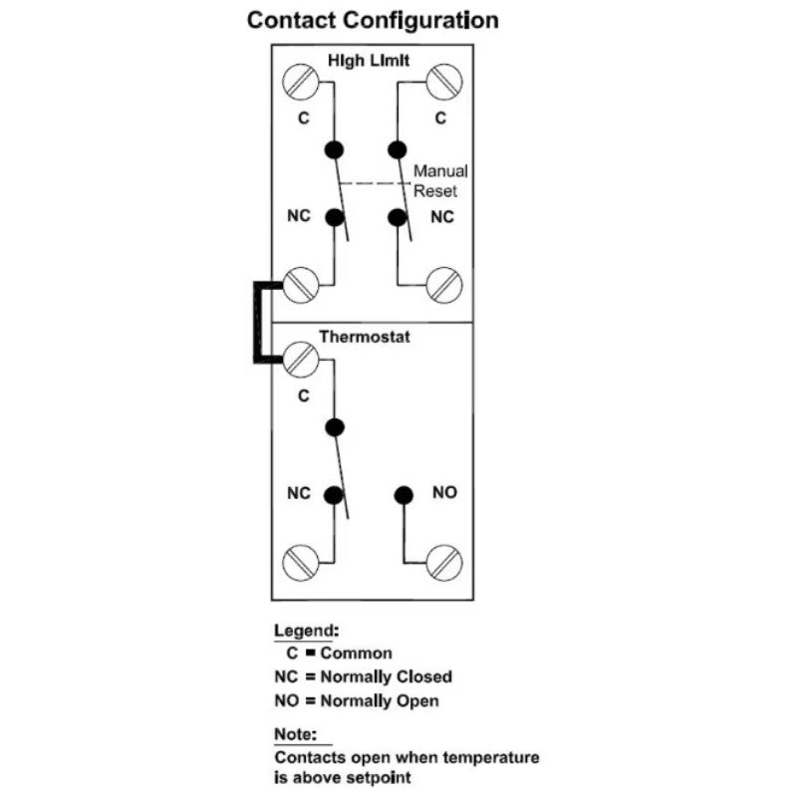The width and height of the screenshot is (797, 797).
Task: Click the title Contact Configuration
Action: [x=373, y=20]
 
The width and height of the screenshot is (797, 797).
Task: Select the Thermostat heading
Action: [x=365, y=338]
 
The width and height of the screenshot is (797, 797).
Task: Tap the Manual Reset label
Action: [x=440, y=180]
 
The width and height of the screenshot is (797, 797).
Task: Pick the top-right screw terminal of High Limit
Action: [x=443, y=81]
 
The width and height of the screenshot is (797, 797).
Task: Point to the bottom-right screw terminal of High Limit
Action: [x=443, y=285]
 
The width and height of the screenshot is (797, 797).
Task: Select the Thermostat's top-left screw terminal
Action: [x=299, y=359]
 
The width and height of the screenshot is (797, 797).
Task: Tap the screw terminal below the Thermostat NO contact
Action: [x=443, y=564]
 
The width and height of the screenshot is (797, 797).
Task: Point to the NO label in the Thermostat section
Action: [x=444, y=492]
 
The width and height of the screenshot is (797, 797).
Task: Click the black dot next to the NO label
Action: [x=403, y=494]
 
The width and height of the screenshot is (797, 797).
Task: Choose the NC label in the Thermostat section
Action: [x=299, y=492]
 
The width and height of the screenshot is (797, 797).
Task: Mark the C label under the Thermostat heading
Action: [x=303, y=396]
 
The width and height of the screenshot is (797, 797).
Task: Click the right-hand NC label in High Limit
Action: [x=442, y=216]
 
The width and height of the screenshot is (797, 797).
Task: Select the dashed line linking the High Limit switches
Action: [x=374, y=184]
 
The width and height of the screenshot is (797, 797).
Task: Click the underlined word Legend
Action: [x=306, y=631]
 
